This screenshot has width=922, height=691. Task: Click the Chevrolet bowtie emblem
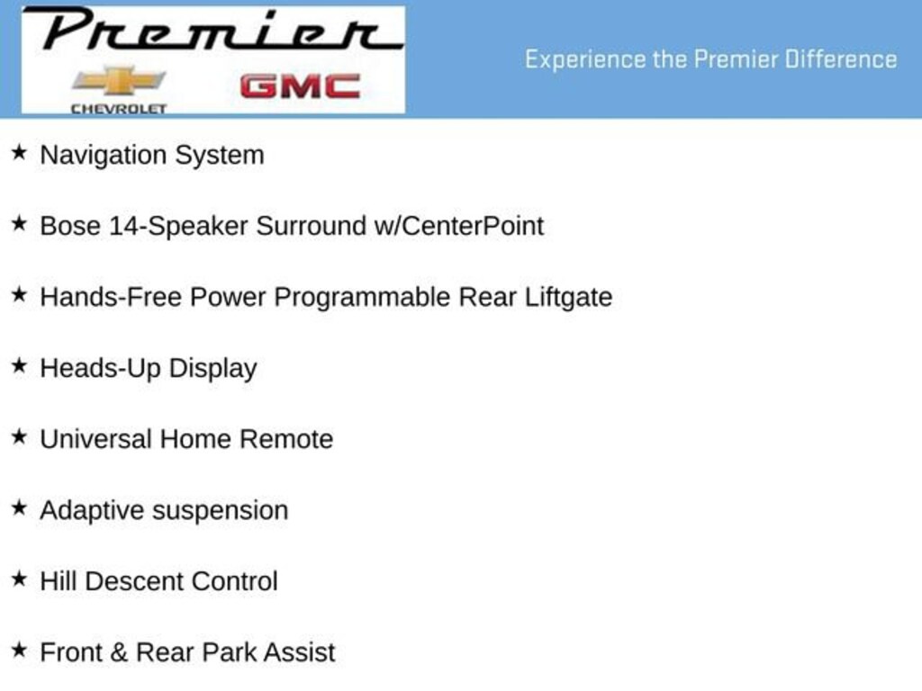119,80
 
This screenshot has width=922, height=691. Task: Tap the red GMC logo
300,86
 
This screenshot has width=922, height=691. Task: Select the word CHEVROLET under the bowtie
119,109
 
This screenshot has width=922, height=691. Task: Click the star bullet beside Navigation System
20,152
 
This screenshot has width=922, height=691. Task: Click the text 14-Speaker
179,227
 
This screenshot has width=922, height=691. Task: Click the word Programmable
362,298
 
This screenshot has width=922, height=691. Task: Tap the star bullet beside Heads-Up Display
20,365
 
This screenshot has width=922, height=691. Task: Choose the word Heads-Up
101,369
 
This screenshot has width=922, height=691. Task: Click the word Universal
95,439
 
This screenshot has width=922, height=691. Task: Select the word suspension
221,511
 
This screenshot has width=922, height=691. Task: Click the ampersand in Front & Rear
118,652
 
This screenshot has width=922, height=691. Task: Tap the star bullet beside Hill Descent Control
20,579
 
